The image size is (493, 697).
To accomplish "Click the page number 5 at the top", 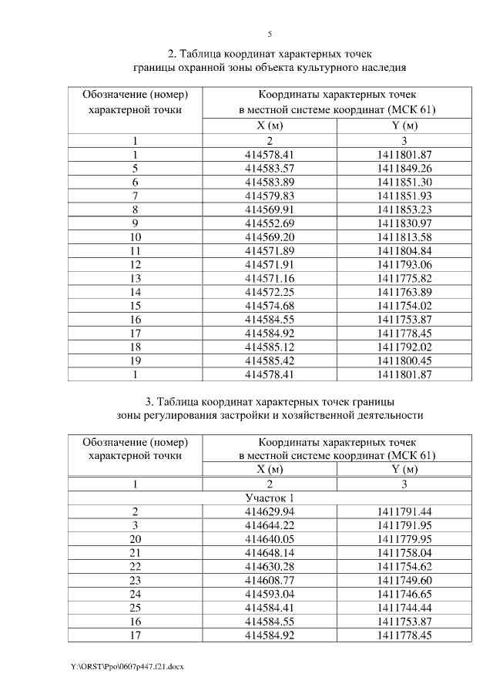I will coord(270,34).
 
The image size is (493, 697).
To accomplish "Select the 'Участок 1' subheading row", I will coord(270,498).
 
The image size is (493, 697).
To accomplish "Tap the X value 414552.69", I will coord(270,223).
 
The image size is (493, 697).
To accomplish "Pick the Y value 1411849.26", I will coord(404,168).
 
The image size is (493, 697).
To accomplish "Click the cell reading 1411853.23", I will coord(404,209).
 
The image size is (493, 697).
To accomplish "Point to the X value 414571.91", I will coord(270,264).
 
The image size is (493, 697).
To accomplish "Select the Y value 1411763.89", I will coord(404,292).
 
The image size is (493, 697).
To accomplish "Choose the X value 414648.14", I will coord(270,552).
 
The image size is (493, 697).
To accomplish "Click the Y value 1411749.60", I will coord(404,580).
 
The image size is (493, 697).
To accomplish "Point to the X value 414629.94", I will coord(270,511).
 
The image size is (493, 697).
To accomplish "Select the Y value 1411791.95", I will coord(404,525).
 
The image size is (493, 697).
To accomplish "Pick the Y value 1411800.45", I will coord(404,360).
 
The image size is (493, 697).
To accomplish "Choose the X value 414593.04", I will coord(270,594).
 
